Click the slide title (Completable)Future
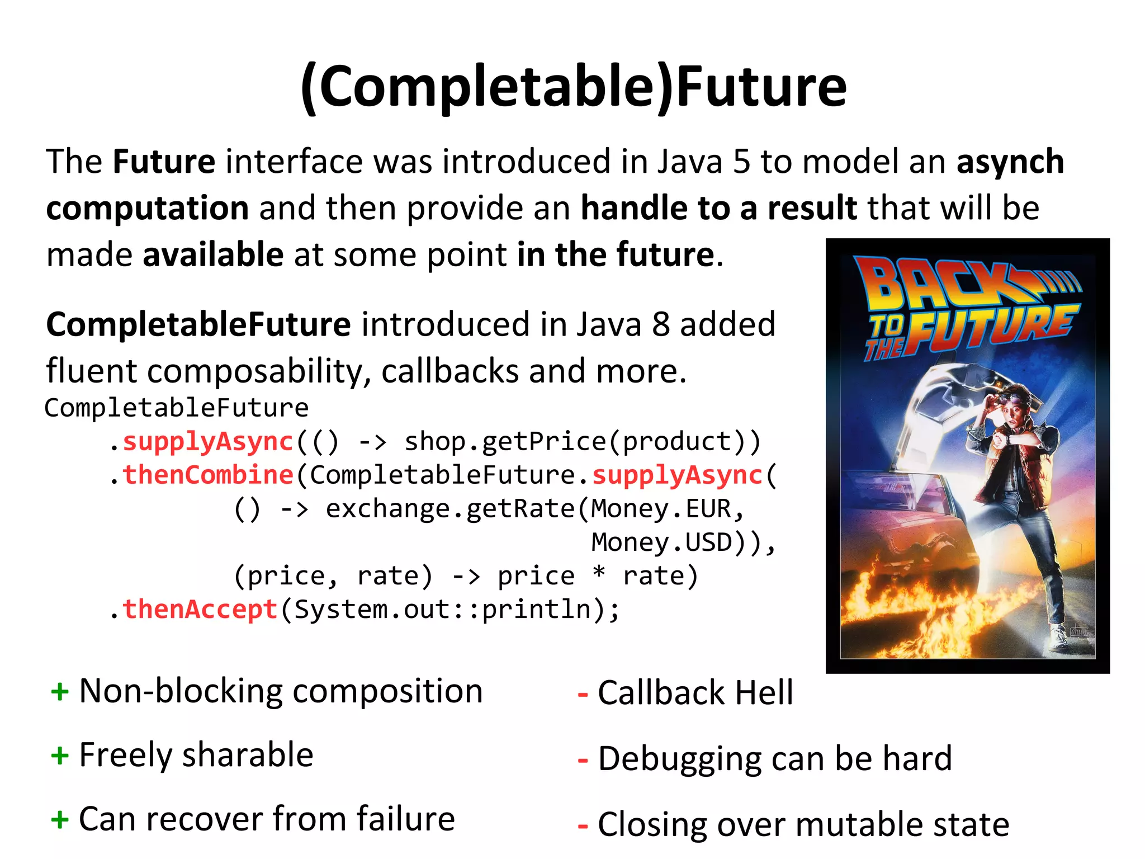point(573,87)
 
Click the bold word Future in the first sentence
point(164,162)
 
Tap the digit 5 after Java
point(741,162)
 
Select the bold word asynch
point(1010,162)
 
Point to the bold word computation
point(147,209)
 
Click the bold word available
point(213,256)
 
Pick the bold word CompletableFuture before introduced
point(198,324)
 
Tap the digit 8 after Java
point(661,324)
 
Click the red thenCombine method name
point(208,475)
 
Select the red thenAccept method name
point(200,609)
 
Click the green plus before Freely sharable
point(60,757)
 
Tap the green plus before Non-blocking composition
point(60,692)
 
